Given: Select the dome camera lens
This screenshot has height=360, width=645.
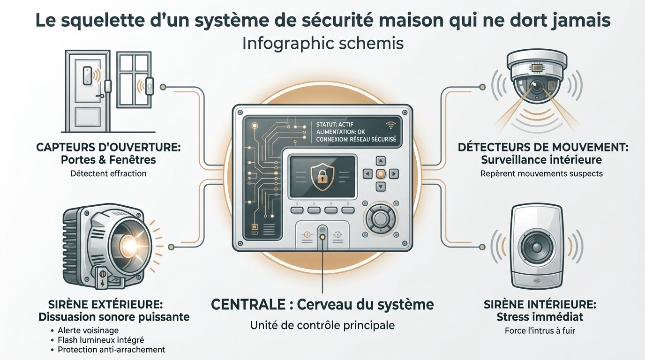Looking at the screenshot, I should pyautogui.click(x=537, y=86).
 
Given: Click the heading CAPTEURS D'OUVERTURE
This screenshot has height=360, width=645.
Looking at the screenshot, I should pyautogui.click(x=108, y=147).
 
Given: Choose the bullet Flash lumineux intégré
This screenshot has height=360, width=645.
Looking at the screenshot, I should pyautogui.click(x=101, y=340).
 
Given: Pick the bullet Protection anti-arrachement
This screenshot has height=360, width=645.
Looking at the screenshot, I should pyautogui.click(x=111, y=350).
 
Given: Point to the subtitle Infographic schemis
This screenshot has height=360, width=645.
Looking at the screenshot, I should pyautogui.click(x=323, y=44).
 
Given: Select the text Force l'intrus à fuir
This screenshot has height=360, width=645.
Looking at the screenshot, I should pyautogui.click(x=540, y=330).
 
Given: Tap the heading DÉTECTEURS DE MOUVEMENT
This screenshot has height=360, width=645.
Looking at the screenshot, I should pyautogui.click(x=542, y=147).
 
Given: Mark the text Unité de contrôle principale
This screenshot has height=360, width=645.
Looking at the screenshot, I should pyautogui.click(x=322, y=325).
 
